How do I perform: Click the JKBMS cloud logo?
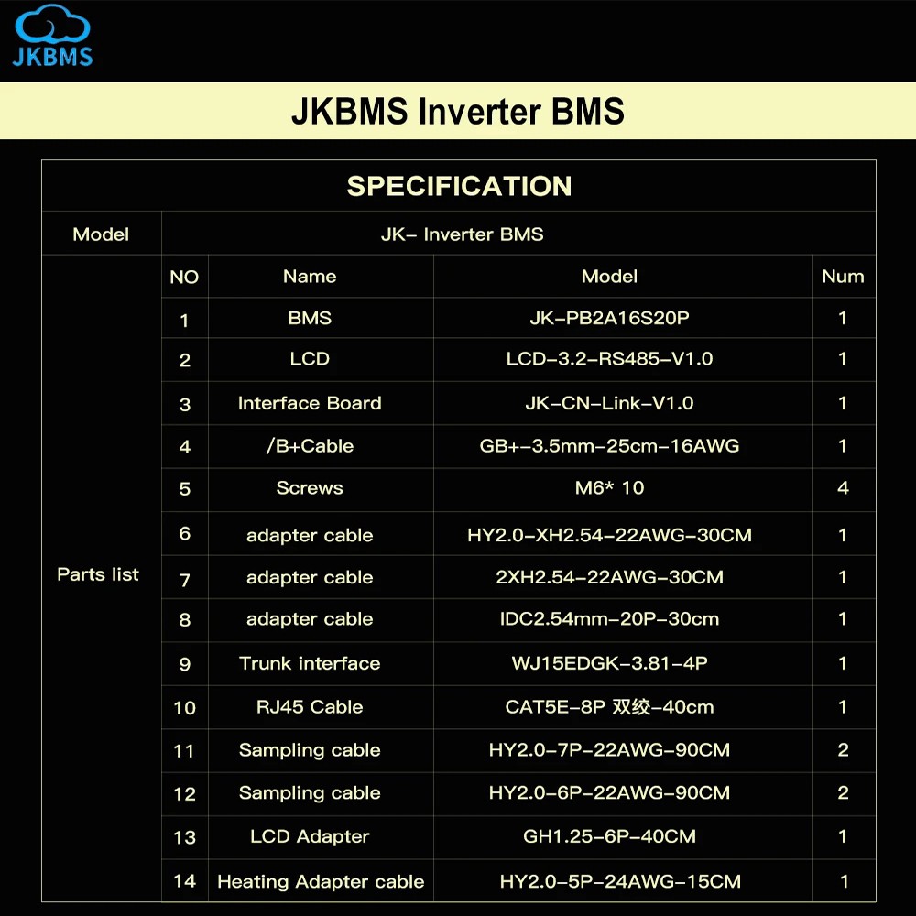pyautogui.click(x=52, y=35)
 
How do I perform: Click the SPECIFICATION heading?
pyautogui.click(x=459, y=186)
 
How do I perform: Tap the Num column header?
pyautogui.click(x=843, y=277)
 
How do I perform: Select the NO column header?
pyautogui.click(x=184, y=277)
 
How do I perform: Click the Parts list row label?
pyautogui.click(x=98, y=574)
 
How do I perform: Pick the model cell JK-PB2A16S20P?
pyautogui.click(x=609, y=318)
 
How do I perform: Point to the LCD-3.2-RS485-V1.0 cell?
pyautogui.click(x=609, y=359)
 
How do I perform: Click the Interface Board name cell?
pyautogui.click(x=310, y=403)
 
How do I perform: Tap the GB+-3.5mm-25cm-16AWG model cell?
pyautogui.click(x=609, y=446)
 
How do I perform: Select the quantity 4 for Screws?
pyautogui.click(x=843, y=488)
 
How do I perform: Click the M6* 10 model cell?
pyautogui.click(x=609, y=488)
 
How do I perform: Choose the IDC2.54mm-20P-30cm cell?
pyautogui.click(x=609, y=618)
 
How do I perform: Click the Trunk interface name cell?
pyautogui.click(x=310, y=663)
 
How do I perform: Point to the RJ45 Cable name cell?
pyautogui.click(x=310, y=707)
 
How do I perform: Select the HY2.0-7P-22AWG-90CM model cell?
pyautogui.click(x=609, y=749)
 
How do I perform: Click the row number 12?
pyautogui.click(x=184, y=794)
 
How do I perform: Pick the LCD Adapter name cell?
pyautogui.click(x=310, y=836)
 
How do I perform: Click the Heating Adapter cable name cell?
pyautogui.click(x=321, y=881)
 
